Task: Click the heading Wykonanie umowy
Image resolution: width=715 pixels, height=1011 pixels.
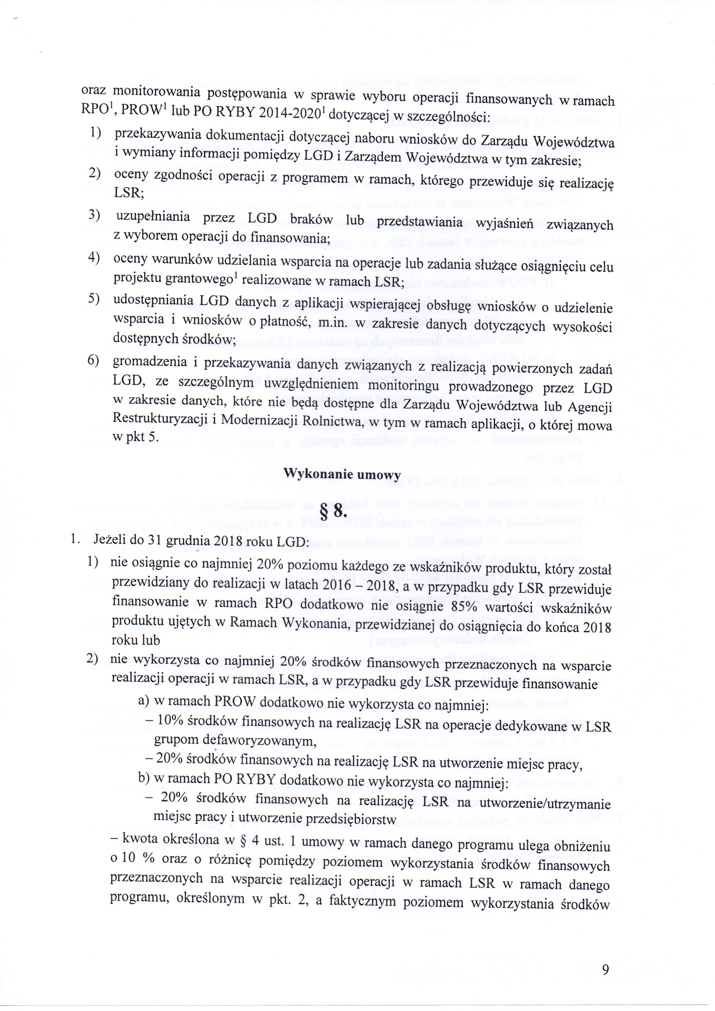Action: [342, 474]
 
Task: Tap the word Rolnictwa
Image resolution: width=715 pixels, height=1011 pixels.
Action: [324, 422]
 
